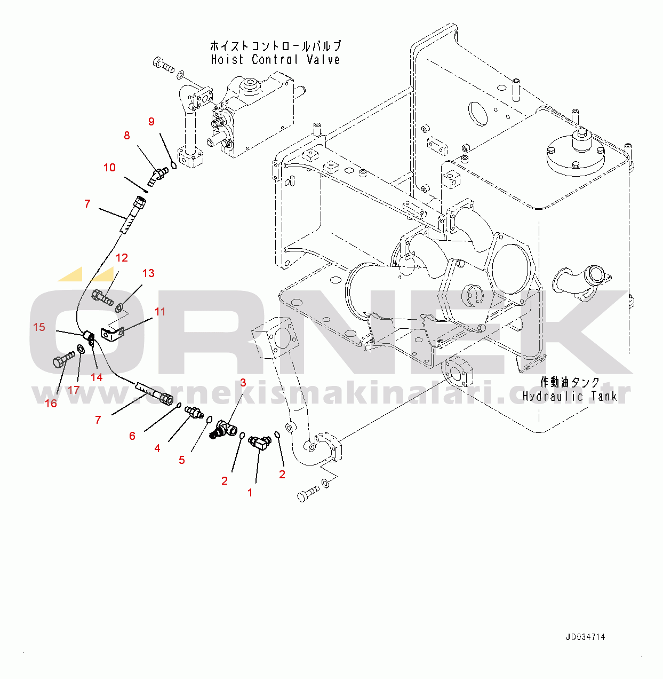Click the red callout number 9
151,122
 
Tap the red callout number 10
109,168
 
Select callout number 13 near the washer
148,273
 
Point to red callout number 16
51,404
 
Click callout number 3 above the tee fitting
243,382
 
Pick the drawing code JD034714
585,637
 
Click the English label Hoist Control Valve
275,59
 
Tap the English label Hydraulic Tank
570,396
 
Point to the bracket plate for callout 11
113,334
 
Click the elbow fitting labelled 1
260,442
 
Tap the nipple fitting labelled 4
193,412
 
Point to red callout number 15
39,327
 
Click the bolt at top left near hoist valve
163,65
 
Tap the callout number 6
132,436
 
